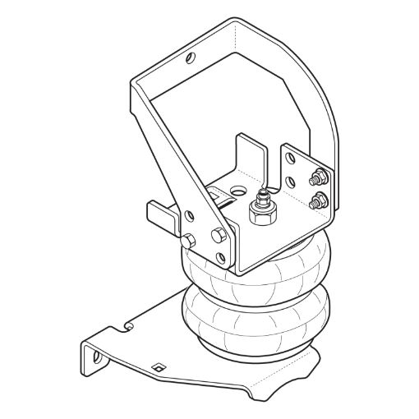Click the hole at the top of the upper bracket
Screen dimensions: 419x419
[191, 58]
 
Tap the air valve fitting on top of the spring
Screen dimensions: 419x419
[262, 206]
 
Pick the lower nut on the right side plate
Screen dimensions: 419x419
[318, 199]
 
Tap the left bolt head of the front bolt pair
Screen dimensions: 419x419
[188, 241]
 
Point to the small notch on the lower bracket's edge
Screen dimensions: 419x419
[129, 327]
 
